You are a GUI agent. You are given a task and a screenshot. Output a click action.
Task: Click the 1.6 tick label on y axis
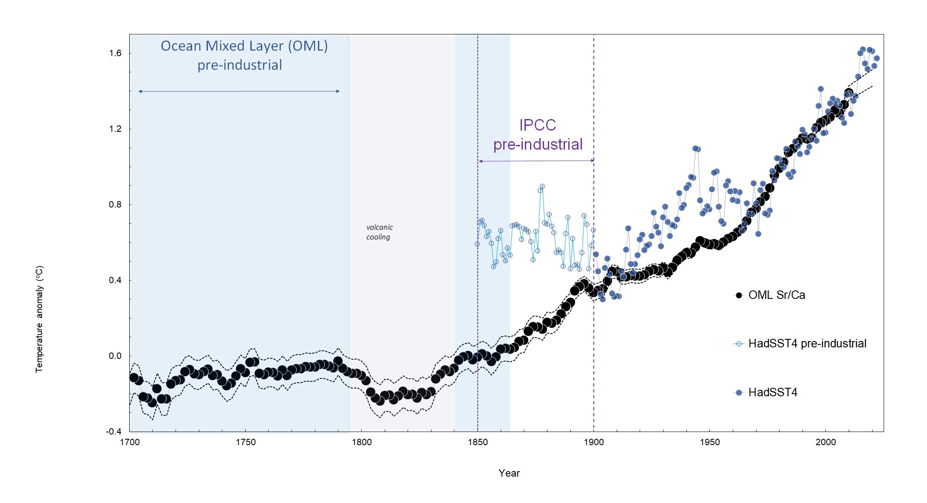(115, 53)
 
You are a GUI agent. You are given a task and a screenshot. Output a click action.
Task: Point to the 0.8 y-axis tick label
(115, 205)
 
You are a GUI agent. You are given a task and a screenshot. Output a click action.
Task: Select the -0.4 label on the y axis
(113, 432)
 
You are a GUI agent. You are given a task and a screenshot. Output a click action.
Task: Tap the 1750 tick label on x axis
(246, 442)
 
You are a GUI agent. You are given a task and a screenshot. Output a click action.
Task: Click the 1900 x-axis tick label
(594, 442)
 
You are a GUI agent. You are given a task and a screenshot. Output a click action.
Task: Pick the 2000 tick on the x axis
(825, 442)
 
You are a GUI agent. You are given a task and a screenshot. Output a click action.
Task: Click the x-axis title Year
(509, 473)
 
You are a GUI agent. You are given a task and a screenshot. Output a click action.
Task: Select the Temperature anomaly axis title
(39, 319)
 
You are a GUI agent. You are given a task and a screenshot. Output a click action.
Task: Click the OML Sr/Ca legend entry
(776, 295)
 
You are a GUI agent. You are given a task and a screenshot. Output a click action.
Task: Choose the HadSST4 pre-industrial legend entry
(807, 344)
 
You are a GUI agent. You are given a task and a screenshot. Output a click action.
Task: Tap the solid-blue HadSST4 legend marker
(739, 392)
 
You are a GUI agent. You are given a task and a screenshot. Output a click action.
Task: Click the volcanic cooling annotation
(379, 232)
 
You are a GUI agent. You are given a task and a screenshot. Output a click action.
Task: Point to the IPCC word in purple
(538, 125)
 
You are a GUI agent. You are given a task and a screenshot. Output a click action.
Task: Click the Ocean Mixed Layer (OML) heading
(244, 46)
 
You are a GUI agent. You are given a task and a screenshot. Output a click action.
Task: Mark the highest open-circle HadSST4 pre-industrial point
(542, 187)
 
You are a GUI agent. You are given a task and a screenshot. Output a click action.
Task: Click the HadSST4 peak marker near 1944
(695, 148)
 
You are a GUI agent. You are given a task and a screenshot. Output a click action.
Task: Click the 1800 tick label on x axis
(362, 442)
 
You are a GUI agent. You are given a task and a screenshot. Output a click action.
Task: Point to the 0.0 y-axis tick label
(115, 356)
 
